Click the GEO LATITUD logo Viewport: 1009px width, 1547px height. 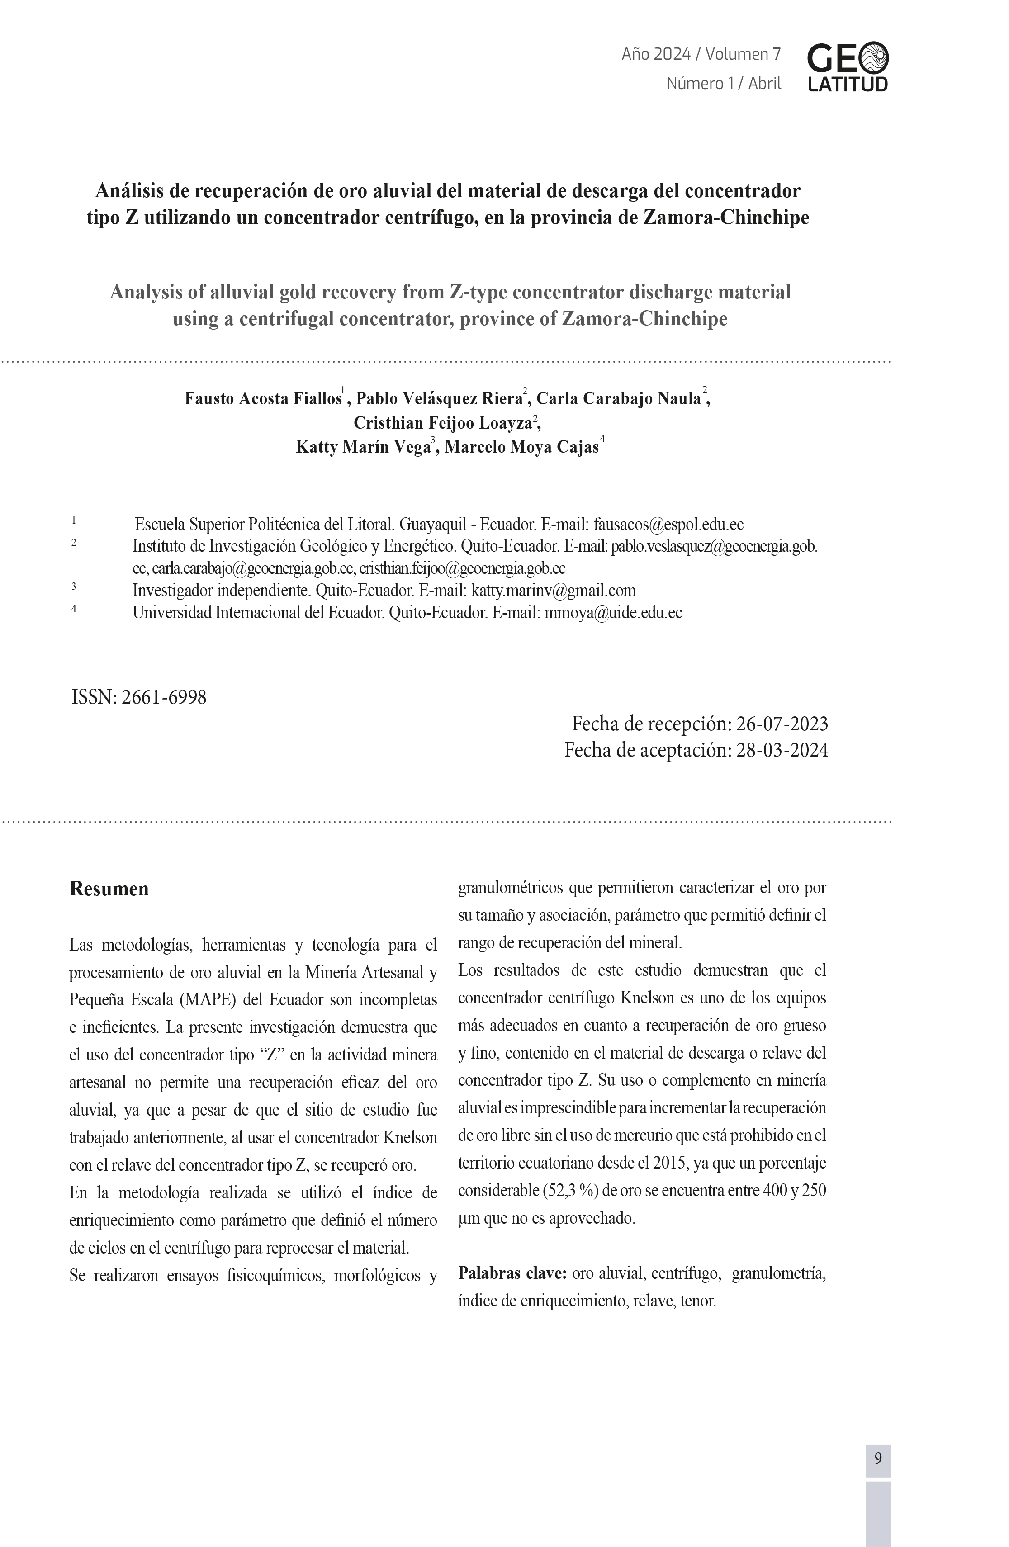pyautogui.click(x=847, y=67)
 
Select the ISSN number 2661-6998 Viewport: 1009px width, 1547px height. pyautogui.click(x=164, y=697)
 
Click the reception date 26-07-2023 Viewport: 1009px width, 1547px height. pyautogui.click(x=782, y=724)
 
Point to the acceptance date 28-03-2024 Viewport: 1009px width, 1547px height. pyautogui.click(x=782, y=750)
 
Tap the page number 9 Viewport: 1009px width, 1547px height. pyautogui.click(x=878, y=1459)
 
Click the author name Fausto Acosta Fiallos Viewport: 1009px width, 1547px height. pyautogui.click(x=263, y=398)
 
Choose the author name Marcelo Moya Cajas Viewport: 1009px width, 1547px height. pyautogui.click(x=521, y=447)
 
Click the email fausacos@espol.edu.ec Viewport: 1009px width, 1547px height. pyautogui.click(x=668, y=525)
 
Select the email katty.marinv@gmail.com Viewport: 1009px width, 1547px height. pyautogui.click(x=553, y=590)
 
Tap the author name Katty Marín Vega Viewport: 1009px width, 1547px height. pyautogui.click(x=363, y=447)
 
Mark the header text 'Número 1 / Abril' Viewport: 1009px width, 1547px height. pyautogui.click(x=724, y=83)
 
